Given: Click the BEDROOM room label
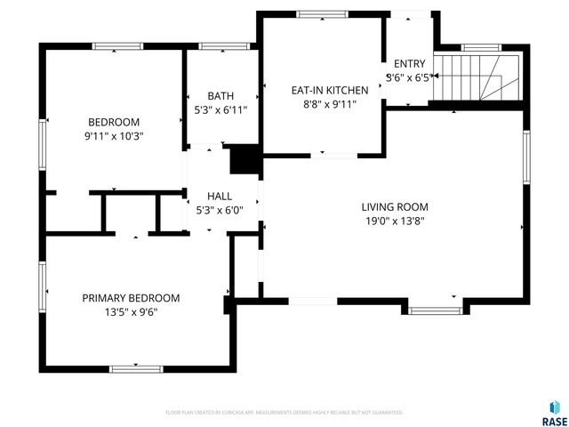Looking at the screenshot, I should pyautogui.click(x=113, y=122).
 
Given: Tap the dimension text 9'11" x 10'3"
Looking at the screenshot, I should pyautogui.click(x=113, y=136).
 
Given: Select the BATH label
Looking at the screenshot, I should pyautogui.click(x=220, y=96).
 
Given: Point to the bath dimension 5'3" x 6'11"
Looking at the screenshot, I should pyautogui.click(x=220, y=110).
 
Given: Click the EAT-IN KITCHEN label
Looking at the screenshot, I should pyautogui.click(x=330, y=90).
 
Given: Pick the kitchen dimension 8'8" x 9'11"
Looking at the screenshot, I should pyautogui.click(x=330, y=104).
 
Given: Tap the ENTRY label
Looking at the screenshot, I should pyautogui.click(x=409, y=63).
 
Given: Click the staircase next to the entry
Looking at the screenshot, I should pyautogui.click(x=479, y=77).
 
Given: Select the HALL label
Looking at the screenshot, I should pyautogui.click(x=220, y=196).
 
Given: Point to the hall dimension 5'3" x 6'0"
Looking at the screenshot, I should pyautogui.click(x=220, y=210).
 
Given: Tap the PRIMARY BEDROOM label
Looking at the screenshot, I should pyautogui.click(x=131, y=298).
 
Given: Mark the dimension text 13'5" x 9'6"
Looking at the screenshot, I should pyautogui.click(x=131, y=312).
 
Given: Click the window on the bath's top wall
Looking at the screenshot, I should pyautogui.click(x=220, y=46).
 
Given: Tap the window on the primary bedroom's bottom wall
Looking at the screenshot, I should pyautogui.click(x=136, y=367).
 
